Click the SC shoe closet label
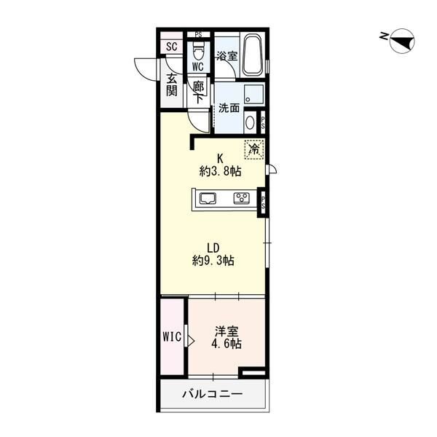171,47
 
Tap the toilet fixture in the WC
198,51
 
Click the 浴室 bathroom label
227,56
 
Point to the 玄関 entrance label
172,85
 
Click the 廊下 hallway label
198,92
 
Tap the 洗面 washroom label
229,108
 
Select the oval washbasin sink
250,122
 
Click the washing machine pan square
253,94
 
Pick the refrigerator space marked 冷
254,149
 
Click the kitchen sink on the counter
208,199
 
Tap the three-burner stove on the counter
241,198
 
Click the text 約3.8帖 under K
220,171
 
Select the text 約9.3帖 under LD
213,261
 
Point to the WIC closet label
172,337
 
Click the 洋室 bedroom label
227,331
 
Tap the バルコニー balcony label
213,394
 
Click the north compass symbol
402,41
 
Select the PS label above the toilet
198,35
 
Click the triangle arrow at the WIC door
191,340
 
